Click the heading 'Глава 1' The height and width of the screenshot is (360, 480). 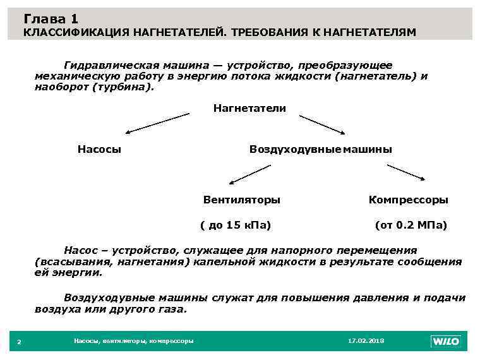(x=52, y=19)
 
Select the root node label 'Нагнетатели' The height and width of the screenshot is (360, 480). (x=249, y=108)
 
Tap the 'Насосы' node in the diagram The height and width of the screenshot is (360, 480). (x=99, y=149)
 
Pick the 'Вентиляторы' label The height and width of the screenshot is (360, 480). (x=242, y=200)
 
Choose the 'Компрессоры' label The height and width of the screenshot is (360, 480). (x=409, y=200)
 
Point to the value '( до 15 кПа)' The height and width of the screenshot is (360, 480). (x=235, y=224)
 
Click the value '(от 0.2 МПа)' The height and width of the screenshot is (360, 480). (x=411, y=224)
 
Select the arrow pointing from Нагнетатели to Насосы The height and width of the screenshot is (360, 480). (x=157, y=123)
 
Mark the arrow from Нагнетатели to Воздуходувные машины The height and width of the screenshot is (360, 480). (x=322, y=124)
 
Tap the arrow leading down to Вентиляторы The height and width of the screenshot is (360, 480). (x=249, y=174)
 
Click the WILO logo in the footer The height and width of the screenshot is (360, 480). (x=446, y=341)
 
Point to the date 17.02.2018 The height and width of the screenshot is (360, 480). (x=366, y=341)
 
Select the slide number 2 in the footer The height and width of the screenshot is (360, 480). (x=19, y=342)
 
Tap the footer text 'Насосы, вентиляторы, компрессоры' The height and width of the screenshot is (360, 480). (x=133, y=341)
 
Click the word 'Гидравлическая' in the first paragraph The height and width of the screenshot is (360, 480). (x=104, y=65)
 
